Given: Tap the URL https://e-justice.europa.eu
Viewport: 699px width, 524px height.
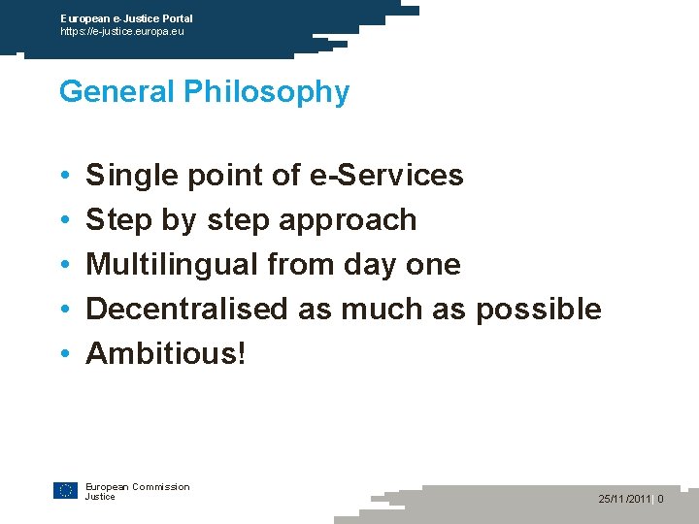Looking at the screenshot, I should click(x=121, y=31).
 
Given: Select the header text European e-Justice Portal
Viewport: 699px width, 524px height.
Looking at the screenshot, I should click(x=126, y=18).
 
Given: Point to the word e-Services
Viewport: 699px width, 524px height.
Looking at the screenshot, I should click(x=385, y=176).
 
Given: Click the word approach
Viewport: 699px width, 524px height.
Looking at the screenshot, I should click(x=348, y=220).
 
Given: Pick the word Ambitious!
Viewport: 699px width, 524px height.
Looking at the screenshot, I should click(x=166, y=353).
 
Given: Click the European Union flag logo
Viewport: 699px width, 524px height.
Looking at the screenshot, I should click(x=65, y=491).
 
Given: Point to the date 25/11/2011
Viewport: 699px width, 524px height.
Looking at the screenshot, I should click(x=625, y=499).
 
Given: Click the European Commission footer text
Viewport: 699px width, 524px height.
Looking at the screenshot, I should click(x=137, y=487).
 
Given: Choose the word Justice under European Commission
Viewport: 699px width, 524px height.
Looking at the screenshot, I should click(x=100, y=497).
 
